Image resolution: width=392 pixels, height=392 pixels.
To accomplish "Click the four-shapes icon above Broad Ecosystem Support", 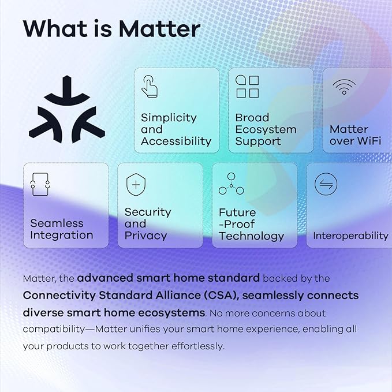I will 247,87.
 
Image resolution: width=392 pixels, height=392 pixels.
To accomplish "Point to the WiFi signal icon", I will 344,87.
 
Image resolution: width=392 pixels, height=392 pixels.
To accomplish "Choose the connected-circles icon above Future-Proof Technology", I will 231,184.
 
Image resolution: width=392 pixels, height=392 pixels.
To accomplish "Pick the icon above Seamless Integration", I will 40,184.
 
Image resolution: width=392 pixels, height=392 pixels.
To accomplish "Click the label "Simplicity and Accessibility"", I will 176,129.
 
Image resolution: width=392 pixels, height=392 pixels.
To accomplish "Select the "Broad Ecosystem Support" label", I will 266,129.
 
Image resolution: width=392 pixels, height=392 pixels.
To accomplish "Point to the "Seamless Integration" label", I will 61,229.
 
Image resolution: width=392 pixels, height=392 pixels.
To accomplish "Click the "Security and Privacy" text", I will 148,223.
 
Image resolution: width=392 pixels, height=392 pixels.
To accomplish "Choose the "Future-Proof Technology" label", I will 251,224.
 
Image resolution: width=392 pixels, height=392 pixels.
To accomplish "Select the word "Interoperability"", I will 350,236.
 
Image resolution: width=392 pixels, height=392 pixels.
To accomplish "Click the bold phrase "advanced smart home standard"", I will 169,278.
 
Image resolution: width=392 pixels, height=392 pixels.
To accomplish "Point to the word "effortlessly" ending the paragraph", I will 195,346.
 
